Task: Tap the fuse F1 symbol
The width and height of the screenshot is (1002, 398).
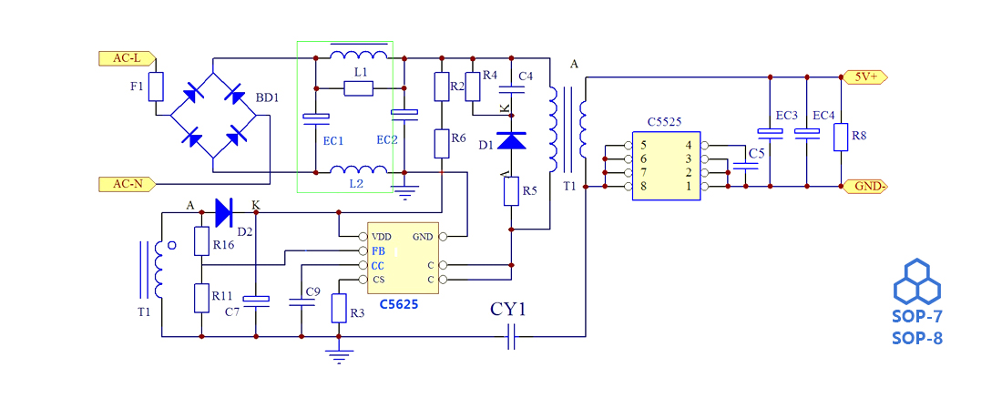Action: coord(156,87)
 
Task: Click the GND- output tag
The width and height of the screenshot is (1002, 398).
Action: coord(866,187)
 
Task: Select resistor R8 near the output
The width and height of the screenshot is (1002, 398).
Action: coord(840,137)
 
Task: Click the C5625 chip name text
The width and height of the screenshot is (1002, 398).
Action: coord(398,304)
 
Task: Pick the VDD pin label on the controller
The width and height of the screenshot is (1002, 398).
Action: coord(382,236)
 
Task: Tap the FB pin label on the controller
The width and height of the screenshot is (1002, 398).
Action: coord(378,250)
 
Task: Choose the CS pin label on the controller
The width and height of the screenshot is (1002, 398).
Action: coord(378,279)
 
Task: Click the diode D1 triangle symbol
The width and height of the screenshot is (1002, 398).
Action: coord(511,141)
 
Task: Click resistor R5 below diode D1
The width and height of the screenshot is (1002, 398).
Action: coord(511,191)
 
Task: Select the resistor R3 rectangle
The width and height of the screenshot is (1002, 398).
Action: coord(338,308)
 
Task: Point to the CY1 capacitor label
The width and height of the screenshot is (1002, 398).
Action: coord(509,310)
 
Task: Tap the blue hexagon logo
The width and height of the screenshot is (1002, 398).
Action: coord(916,281)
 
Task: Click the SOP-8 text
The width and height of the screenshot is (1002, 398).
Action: coord(916,339)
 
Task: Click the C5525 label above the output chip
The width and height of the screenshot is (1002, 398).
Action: coord(664,121)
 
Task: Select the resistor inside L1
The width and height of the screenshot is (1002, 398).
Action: coord(359,88)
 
